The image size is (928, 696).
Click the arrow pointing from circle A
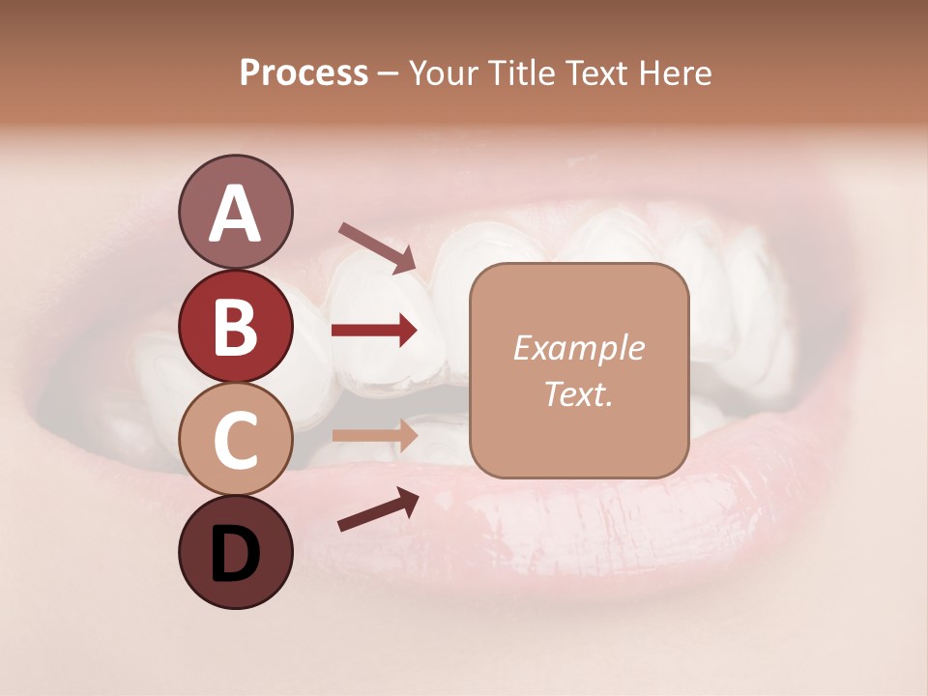click(377, 246)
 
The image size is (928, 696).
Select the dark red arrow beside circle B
click(374, 331)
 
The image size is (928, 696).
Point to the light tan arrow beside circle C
click(374, 434)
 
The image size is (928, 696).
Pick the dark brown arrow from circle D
click(378, 509)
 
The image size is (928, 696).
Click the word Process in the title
click(304, 72)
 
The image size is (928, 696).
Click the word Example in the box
click(578, 349)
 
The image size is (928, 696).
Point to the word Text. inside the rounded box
click(578, 393)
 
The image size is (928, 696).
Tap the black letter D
click(235, 555)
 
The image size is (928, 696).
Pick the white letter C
click(235, 441)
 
